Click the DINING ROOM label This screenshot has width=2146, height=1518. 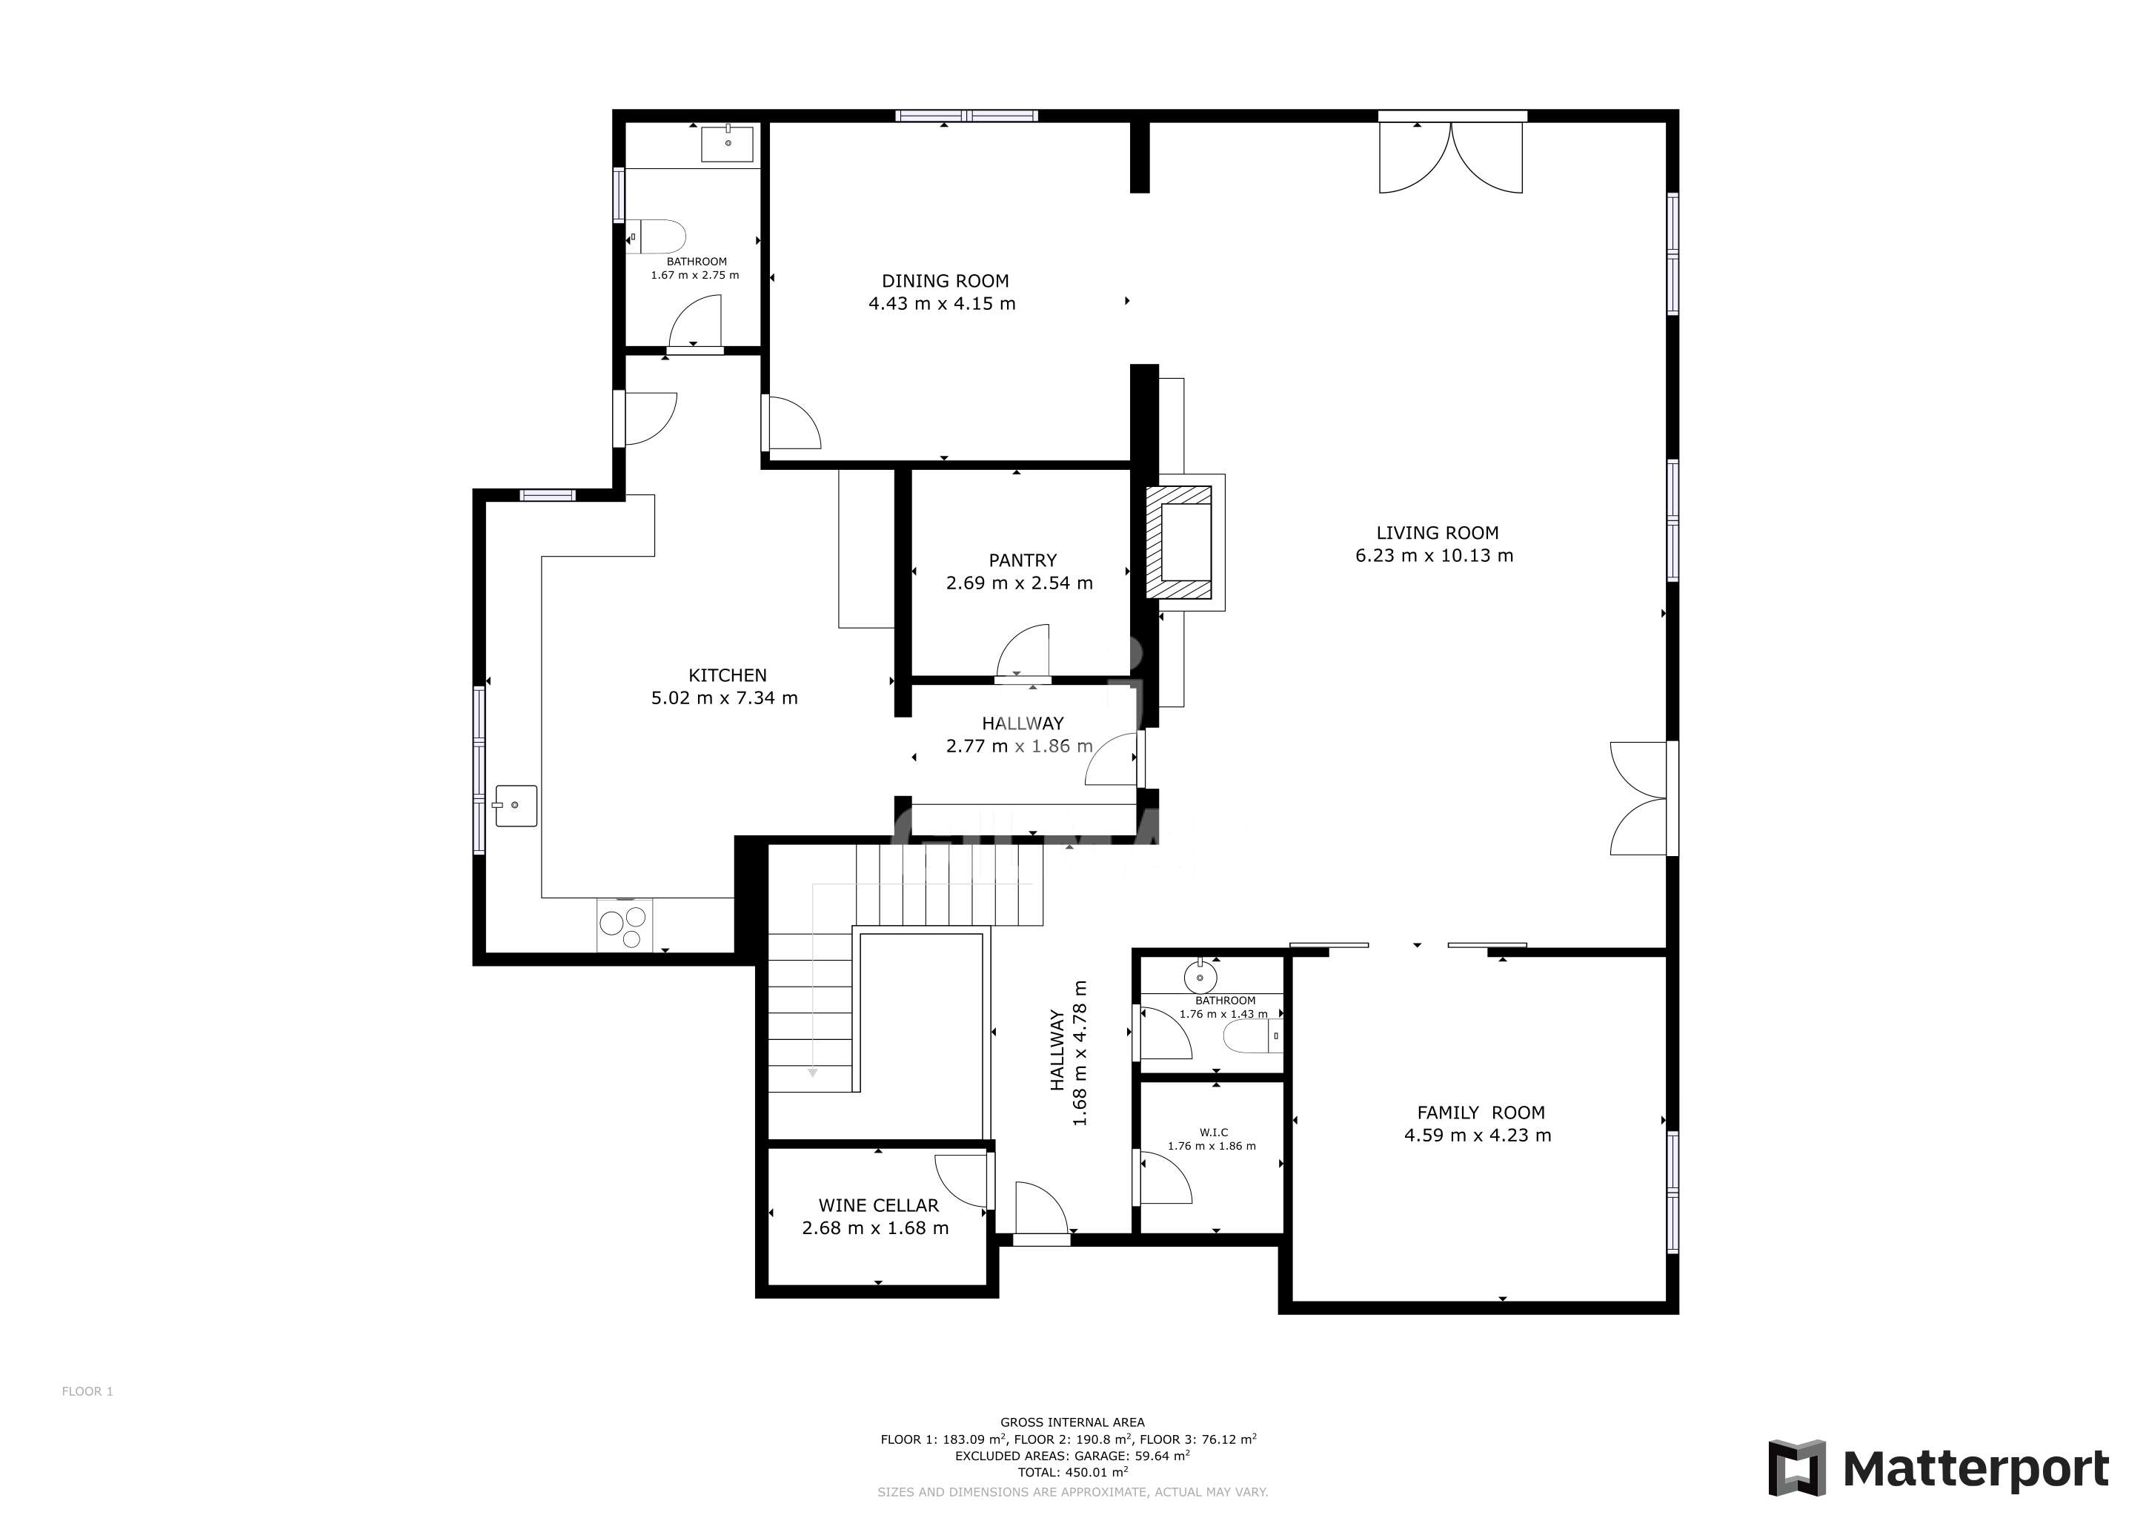[945, 280]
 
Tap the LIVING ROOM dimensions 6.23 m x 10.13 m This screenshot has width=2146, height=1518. [1434, 555]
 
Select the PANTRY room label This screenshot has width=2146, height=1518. [1023, 560]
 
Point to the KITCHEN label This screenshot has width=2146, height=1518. [727, 675]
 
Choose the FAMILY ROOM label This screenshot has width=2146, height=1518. [1481, 1113]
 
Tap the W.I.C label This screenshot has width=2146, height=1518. [1213, 1132]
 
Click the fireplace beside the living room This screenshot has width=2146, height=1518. [1180, 542]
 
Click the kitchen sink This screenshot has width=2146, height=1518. [516, 806]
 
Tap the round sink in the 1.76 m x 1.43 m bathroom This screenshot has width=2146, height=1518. [1200, 978]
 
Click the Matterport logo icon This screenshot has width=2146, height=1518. [1796, 1468]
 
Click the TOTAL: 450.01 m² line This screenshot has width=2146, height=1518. [1072, 1472]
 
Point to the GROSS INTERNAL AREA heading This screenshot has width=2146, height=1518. [1072, 1422]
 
